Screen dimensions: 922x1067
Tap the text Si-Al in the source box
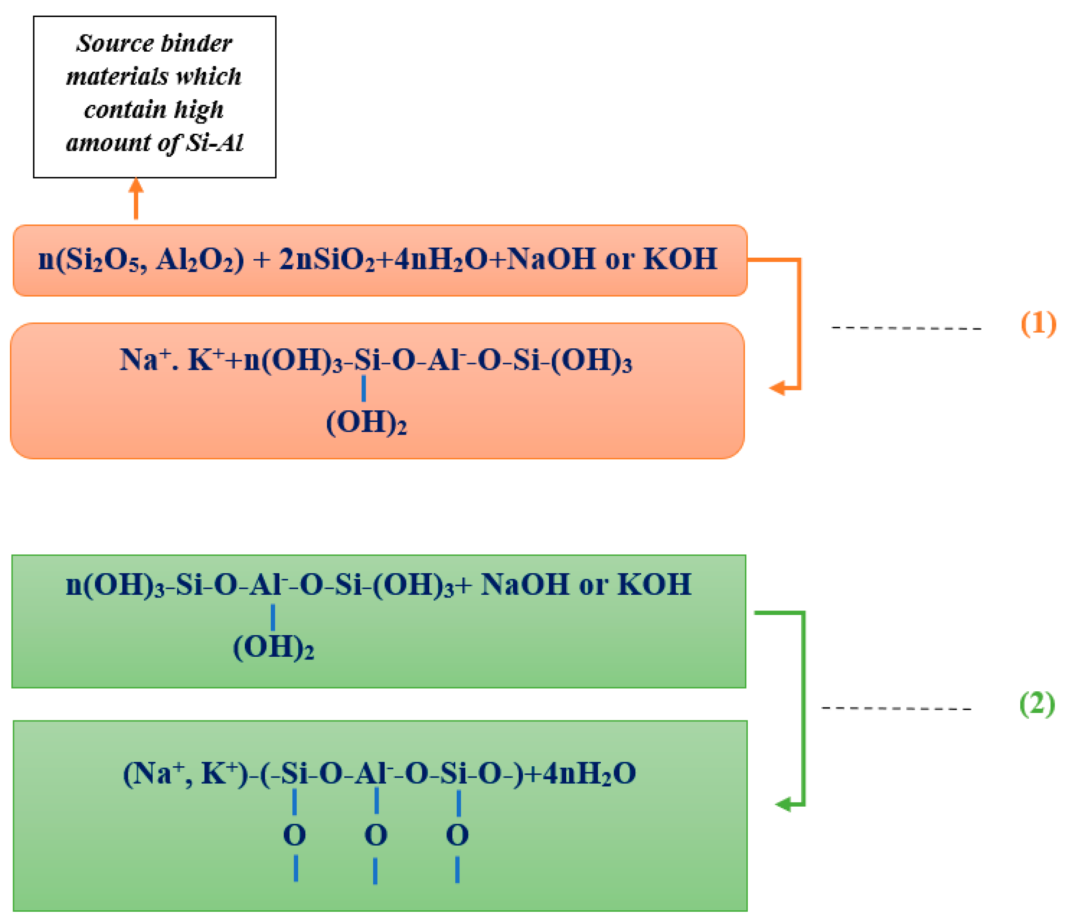tap(215, 143)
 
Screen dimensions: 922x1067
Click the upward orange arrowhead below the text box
tap(136, 186)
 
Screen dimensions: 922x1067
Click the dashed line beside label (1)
tap(906, 327)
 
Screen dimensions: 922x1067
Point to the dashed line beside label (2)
tap(896, 708)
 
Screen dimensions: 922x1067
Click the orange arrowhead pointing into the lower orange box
tap(778, 388)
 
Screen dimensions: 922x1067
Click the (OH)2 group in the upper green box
tap(273, 647)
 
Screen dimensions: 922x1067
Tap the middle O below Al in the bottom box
tap(375, 835)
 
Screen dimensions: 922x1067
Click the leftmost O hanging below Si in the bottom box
tap(295, 835)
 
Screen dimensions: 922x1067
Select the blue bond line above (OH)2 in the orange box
tap(364, 388)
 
